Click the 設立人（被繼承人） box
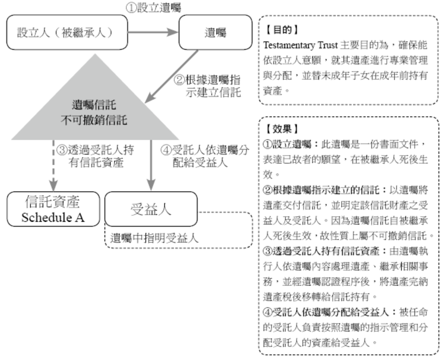pos(64,32)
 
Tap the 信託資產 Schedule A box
pos(53,209)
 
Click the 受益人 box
pos(151,209)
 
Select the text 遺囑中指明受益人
pos(155,238)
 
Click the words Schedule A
pos(53,217)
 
